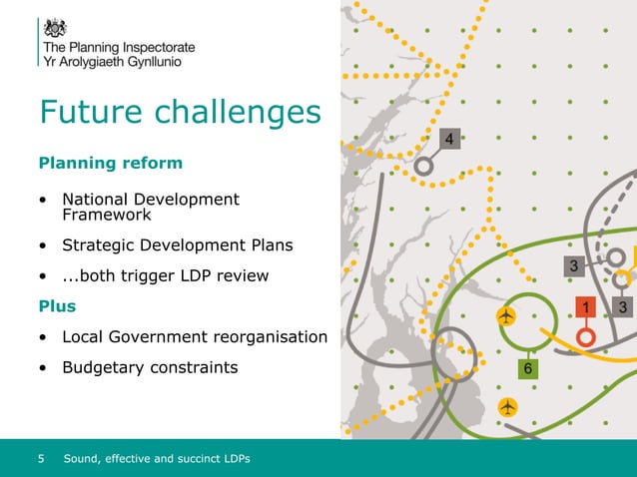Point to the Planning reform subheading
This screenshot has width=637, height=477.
(x=110, y=162)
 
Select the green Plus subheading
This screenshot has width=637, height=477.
(x=56, y=305)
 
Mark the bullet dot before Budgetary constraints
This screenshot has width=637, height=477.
(x=44, y=368)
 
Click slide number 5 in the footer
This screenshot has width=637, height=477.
(x=41, y=458)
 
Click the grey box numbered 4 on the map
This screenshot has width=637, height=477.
(x=450, y=139)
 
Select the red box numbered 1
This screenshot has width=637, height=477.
(x=585, y=306)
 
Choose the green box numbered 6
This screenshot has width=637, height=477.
(x=528, y=368)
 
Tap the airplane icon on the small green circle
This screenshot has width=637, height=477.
(x=507, y=316)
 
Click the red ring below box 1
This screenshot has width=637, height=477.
(x=585, y=337)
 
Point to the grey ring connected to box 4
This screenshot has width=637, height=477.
(x=423, y=166)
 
